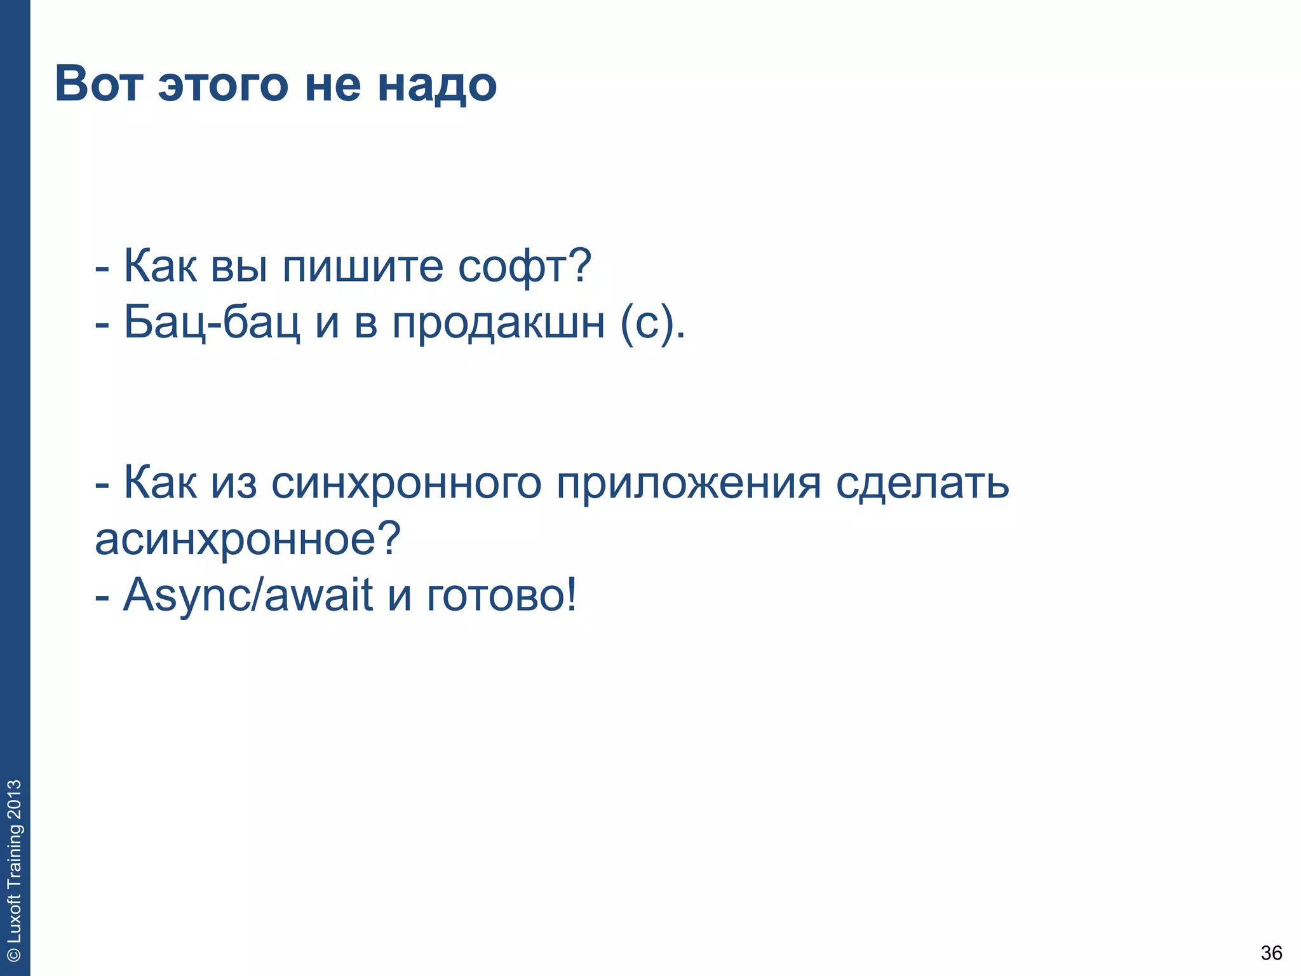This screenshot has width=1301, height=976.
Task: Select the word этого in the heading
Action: tap(223, 85)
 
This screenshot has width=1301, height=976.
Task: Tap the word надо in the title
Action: tap(437, 85)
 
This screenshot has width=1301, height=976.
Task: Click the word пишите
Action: tap(362, 266)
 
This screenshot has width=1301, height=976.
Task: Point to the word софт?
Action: tap(525, 266)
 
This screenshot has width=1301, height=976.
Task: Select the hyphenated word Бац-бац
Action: tap(212, 322)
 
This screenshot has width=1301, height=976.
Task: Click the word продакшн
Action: tap(499, 323)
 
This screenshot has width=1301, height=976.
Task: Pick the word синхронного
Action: tap(407, 484)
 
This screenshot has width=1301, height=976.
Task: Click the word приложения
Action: tap(689, 485)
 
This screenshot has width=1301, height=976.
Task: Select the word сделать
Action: tap(922, 484)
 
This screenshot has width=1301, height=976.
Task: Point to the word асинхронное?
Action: tap(248, 539)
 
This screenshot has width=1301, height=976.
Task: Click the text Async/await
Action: tap(248, 595)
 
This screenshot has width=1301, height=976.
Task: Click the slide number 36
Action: tap(1271, 953)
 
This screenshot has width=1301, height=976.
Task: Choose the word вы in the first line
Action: tap(238, 266)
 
